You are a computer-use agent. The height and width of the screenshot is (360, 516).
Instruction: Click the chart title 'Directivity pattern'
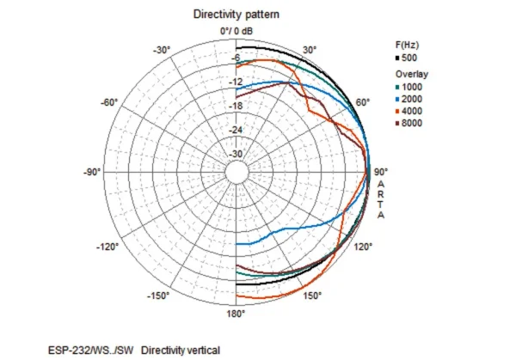pyautogui.click(x=236, y=15)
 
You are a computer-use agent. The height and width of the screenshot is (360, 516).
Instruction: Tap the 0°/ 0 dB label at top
pyautogui.click(x=236, y=31)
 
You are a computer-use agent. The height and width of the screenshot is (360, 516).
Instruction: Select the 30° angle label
pyautogui.click(x=310, y=50)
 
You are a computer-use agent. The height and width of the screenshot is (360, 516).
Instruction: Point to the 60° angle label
pyautogui.click(x=363, y=103)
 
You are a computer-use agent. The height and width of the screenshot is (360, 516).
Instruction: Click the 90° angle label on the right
pyautogui.click(x=381, y=171)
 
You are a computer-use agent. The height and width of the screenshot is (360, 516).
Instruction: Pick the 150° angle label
pyautogui.click(x=311, y=296)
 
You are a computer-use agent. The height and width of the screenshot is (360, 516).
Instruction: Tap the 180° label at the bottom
pyautogui.click(x=236, y=314)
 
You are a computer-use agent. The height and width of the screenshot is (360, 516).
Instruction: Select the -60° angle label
pyautogui.click(x=108, y=103)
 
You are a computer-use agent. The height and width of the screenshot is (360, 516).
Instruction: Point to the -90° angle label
pyautogui.click(x=92, y=172)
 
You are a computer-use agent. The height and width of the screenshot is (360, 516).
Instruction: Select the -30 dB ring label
pyautogui.click(x=236, y=155)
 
